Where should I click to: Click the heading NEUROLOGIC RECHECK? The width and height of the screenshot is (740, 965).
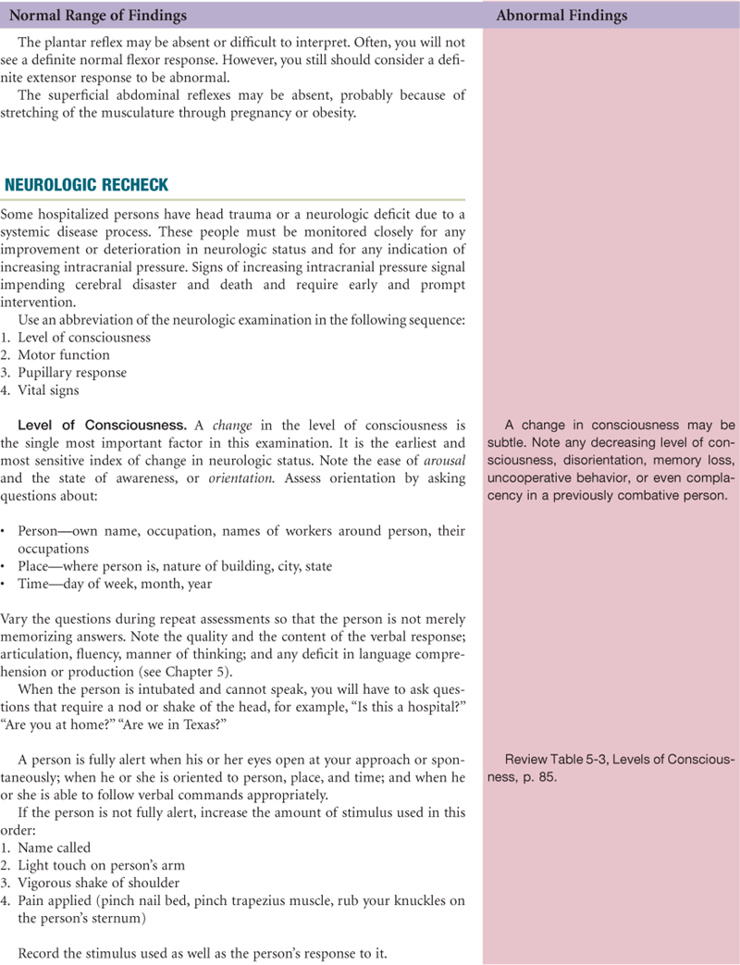pos(87,185)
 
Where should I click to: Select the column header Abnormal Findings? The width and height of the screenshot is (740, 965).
pos(561,16)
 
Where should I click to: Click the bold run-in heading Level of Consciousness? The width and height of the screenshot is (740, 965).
pos(103,426)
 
